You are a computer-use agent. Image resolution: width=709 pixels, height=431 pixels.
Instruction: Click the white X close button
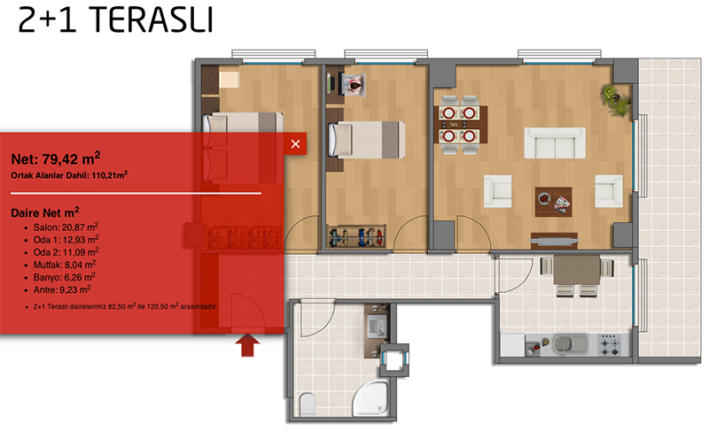click(x=295, y=144)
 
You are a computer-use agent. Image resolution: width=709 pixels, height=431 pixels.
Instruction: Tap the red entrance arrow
click(x=247, y=345)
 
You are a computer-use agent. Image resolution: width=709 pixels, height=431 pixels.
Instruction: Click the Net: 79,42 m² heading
click(x=56, y=158)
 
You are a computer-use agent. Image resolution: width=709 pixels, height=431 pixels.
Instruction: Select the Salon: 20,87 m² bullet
click(x=66, y=227)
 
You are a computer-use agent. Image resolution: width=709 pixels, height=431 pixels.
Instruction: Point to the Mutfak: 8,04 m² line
click(x=65, y=265)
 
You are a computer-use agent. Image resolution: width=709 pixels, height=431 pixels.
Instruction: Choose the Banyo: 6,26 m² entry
click(x=64, y=277)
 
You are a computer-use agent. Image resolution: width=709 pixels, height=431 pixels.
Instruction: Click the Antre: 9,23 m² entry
click(x=62, y=289)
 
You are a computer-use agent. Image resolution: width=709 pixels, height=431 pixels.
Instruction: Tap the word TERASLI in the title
click(x=152, y=20)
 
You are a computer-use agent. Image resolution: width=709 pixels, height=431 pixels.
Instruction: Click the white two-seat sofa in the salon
click(x=555, y=143)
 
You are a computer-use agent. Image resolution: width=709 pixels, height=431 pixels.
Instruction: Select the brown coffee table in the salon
click(x=553, y=202)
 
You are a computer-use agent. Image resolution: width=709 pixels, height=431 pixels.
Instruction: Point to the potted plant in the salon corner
click(x=615, y=101)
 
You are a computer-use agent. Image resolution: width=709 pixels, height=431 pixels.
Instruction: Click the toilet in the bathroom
click(x=308, y=404)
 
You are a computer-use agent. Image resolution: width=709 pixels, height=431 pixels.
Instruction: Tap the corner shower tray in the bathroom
click(x=370, y=398)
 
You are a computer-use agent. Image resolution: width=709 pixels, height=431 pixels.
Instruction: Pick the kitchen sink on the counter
click(x=569, y=344)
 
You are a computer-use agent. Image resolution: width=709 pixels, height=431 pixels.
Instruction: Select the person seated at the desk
click(x=355, y=85)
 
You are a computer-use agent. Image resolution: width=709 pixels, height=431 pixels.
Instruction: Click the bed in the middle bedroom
click(x=366, y=140)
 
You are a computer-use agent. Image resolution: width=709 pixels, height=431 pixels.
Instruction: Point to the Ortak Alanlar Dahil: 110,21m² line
click(x=69, y=175)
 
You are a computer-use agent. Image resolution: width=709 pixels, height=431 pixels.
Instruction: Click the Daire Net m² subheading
click(x=45, y=212)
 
